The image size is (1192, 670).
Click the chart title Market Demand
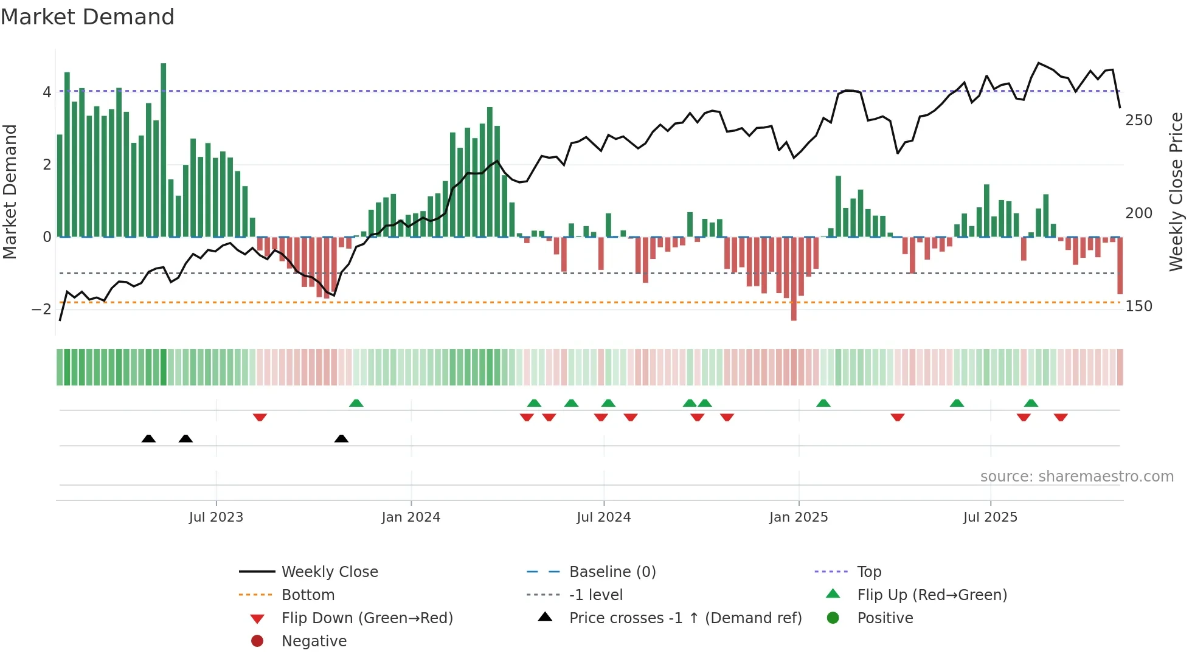88,17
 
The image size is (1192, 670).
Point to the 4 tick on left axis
47,92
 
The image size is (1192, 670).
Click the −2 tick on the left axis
41,309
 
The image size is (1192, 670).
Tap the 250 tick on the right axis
1138,120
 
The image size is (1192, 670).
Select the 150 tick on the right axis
1138,306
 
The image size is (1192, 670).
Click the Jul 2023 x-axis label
216,517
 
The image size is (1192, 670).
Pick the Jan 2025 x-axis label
798,517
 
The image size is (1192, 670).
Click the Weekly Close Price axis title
1176,192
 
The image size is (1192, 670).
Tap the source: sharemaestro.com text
1076,477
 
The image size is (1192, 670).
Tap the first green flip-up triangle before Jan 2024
356,403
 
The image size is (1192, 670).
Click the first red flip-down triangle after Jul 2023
260,417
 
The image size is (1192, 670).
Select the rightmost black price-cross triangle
341,438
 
